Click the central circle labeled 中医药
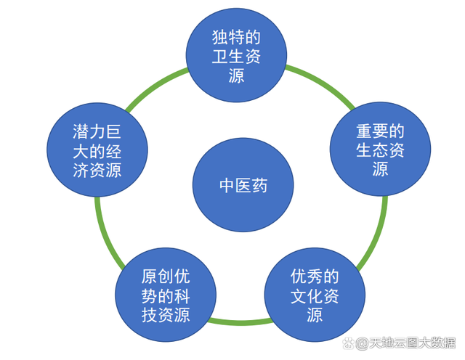coord(243,185)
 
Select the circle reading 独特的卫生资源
coord(236,55)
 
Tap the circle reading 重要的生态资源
coord(380,149)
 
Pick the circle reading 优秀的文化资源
coord(315,295)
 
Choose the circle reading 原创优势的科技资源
coord(166,295)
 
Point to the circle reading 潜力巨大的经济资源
coord(97,150)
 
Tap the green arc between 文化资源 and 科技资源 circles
coord(240,322)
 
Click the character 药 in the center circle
coord(259,186)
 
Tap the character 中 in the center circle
coord(227,186)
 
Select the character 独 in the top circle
coord(220,37)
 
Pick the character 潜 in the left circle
coord(81,132)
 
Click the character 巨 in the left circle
coord(113,132)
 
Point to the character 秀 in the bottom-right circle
coord(315,277)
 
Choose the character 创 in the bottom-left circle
coord(166,277)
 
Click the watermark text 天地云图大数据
coord(412,343)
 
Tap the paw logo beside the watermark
coord(349,343)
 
